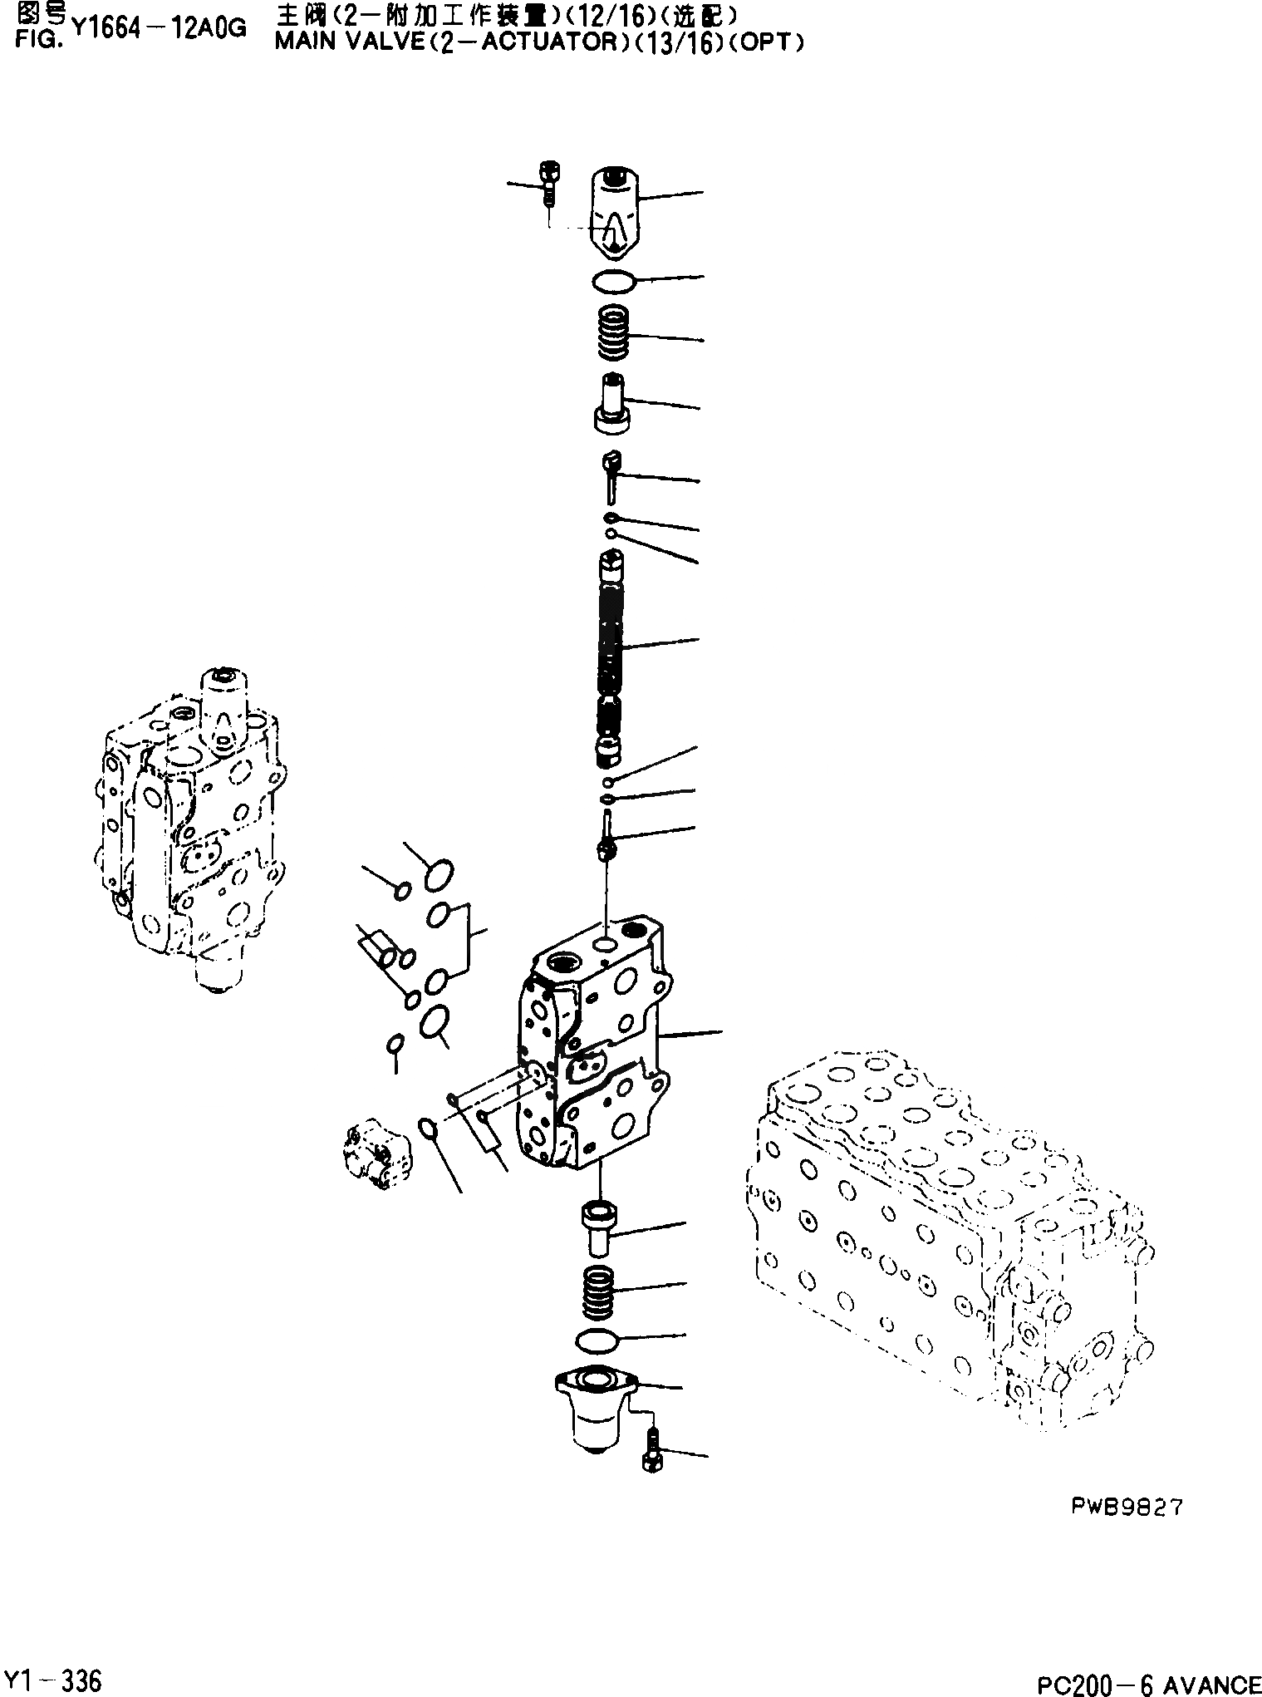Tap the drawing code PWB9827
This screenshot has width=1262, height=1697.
point(1126,1507)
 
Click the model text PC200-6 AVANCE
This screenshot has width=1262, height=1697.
point(1149,1684)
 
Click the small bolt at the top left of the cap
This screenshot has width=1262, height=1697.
point(548,183)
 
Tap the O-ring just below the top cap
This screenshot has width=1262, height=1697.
point(614,282)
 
